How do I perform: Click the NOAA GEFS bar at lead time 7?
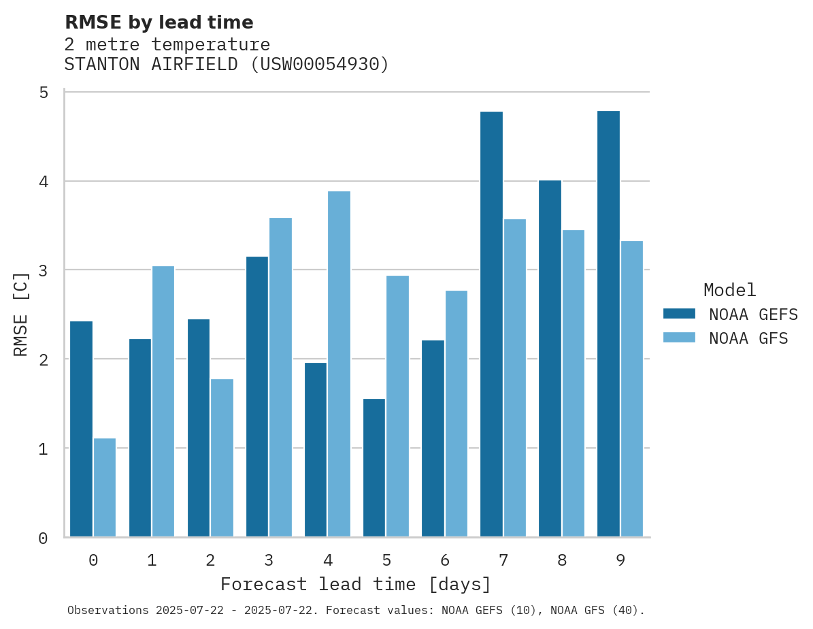[491, 324]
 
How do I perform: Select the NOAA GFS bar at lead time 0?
[105, 487]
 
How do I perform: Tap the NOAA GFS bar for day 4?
[339, 364]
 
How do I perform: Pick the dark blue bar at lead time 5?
[374, 468]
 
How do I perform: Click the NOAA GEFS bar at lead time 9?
[608, 324]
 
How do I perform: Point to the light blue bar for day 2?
[222, 457]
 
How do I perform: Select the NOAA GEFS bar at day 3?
[257, 397]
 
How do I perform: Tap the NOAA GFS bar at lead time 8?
[573, 383]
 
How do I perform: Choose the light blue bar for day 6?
[456, 414]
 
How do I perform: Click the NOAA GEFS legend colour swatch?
[679, 314]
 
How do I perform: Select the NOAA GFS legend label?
[748, 338]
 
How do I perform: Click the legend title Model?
[729, 291]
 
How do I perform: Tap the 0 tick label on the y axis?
[43, 538]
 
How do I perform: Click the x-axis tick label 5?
[386, 560]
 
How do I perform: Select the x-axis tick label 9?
[620, 560]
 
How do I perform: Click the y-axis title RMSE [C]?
[22, 314]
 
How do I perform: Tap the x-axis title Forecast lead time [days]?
[356, 585]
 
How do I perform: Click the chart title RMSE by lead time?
[159, 22]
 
